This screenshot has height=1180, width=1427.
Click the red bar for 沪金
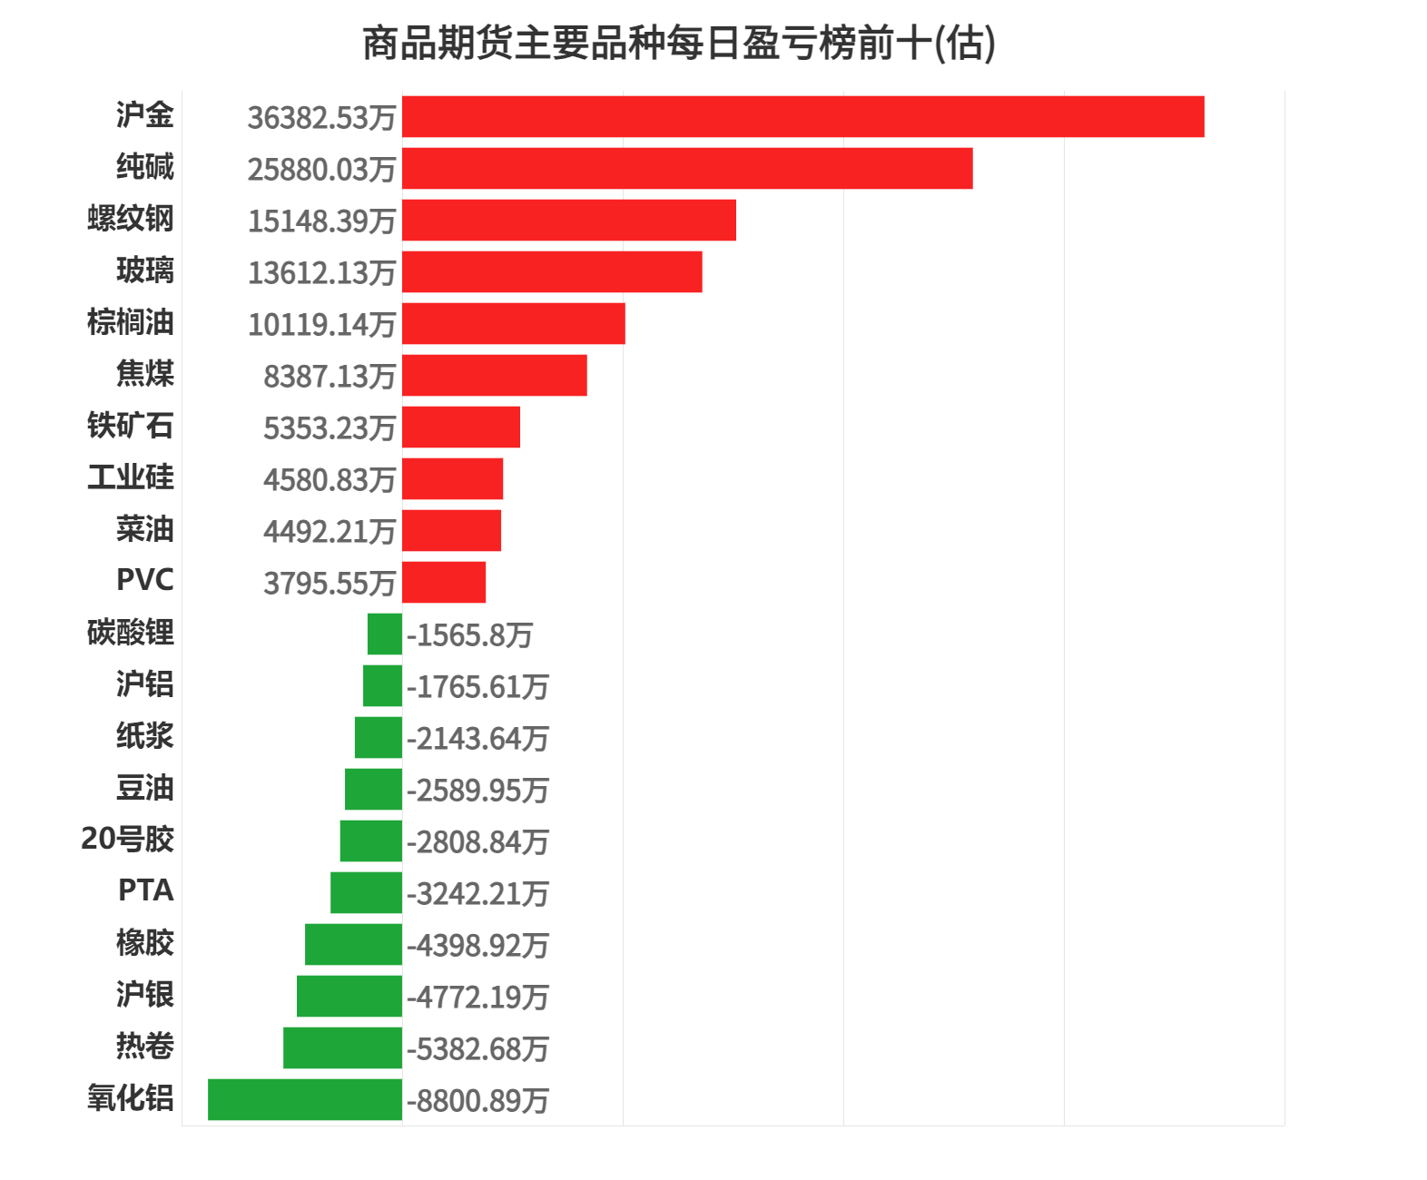pos(802,117)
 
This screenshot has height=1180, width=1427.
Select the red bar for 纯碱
pos(687,169)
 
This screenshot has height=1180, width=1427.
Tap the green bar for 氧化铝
pos(305,1099)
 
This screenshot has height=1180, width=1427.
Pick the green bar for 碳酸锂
pos(385,634)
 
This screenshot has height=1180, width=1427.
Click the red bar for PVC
pos(444,582)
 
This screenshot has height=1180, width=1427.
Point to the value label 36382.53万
pos(321,118)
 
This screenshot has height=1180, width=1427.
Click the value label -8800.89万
pos(477,1101)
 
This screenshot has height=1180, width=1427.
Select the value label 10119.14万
pos(321,325)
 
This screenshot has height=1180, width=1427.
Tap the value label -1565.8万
pos(469,635)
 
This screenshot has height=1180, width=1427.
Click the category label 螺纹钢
pos(131,219)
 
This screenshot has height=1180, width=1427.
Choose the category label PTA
pos(145,890)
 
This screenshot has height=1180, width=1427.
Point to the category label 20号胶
pos(127,839)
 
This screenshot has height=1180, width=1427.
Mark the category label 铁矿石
pos(131,426)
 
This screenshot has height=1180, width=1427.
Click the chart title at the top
pos(679,44)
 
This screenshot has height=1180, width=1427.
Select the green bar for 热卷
pos(342,1047)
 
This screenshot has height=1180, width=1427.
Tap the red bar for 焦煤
pos(495,376)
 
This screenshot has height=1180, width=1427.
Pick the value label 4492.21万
pos(330,532)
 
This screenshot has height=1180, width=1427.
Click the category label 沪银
pos(145,994)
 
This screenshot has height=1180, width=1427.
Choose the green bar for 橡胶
pos(353,944)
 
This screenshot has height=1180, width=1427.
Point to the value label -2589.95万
pos(477,791)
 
